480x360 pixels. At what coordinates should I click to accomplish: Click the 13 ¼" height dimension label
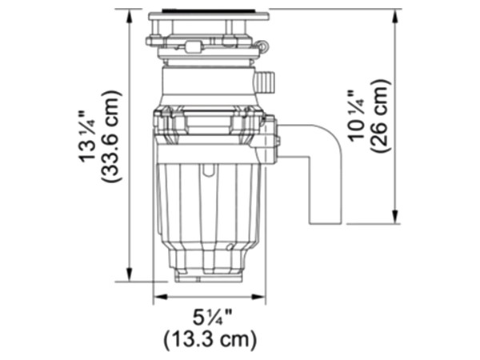click(x=87, y=136)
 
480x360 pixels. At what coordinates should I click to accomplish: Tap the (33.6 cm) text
click(x=110, y=137)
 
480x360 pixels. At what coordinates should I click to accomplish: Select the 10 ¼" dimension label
click(x=358, y=116)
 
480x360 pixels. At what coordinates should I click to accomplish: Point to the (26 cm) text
click(x=381, y=116)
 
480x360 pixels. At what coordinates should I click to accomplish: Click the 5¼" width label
click(x=212, y=318)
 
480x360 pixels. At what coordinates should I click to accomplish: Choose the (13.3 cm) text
click(x=210, y=340)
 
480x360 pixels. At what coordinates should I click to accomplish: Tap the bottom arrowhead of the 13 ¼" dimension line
click(x=130, y=274)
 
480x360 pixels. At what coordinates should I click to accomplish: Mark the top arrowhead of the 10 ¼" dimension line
click(x=395, y=16)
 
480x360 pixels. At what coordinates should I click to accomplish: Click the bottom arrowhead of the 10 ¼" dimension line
click(x=395, y=217)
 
